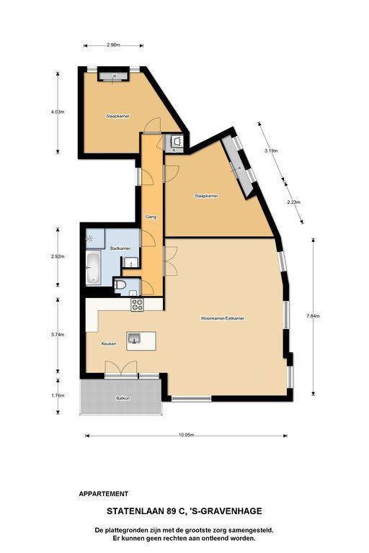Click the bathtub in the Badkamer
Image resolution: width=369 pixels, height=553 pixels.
click(94, 268)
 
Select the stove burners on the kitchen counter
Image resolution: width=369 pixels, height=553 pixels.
click(138, 305)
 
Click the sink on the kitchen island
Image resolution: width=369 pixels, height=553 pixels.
click(135, 338)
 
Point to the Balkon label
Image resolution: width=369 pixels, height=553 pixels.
click(123, 398)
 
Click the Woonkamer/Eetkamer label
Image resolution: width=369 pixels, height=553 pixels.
click(223, 318)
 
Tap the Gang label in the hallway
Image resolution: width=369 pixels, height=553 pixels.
click(151, 217)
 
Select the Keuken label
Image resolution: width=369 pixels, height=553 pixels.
click(109, 343)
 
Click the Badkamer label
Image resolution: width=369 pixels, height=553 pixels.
click(120, 248)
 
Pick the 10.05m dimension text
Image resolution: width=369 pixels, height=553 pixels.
click(187, 435)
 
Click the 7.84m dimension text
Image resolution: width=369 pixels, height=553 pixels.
click(313, 316)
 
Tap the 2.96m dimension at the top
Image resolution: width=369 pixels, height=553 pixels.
click(113, 45)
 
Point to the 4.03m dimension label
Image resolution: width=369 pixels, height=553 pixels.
click(58, 112)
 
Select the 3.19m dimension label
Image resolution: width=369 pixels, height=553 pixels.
click(271, 151)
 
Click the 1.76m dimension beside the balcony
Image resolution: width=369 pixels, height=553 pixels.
click(58, 395)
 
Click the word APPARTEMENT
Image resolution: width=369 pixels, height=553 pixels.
click(104, 494)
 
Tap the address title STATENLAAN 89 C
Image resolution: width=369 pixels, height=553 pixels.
click(146, 511)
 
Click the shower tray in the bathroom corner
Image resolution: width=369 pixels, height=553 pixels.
click(95, 239)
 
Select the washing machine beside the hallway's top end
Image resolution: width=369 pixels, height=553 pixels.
click(177, 141)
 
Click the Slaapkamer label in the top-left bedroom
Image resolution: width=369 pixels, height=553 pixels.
click(118, 116)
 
